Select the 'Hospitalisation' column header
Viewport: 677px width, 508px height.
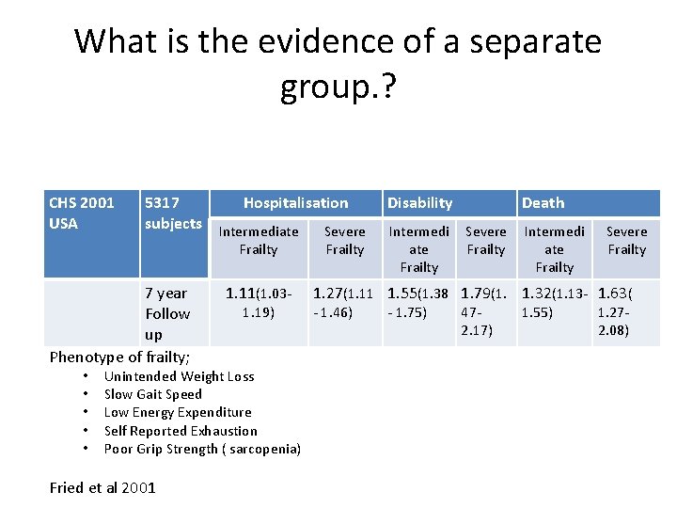pyautogui.click(x=295, y=202)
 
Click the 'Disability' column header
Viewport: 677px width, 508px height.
pyautogui.click(x=419, y=202)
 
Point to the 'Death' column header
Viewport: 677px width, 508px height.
pyautogui.click(x=543, y=202)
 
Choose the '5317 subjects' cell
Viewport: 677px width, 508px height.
pyautogui.click(x=173, y=213)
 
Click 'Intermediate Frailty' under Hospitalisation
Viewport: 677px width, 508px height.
pyautogui.click(x=259, y=240)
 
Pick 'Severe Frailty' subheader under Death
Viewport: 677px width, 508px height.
pyautogui.click(x=626, y=240)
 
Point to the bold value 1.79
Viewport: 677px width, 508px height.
pyautogui.click(x=476, y=294)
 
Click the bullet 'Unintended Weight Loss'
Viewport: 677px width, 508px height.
pyautogui.click(x=179, y=376)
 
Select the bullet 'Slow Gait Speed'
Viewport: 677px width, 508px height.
pyautogui.click(x=152, y=394)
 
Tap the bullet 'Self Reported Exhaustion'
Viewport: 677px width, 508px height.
pyautogui.click(x=181, y=431)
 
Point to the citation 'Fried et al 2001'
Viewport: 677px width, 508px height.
pyautogui.click(x=102, y=487)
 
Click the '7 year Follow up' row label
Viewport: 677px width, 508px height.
pyautogui.click(x=167, y=313)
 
